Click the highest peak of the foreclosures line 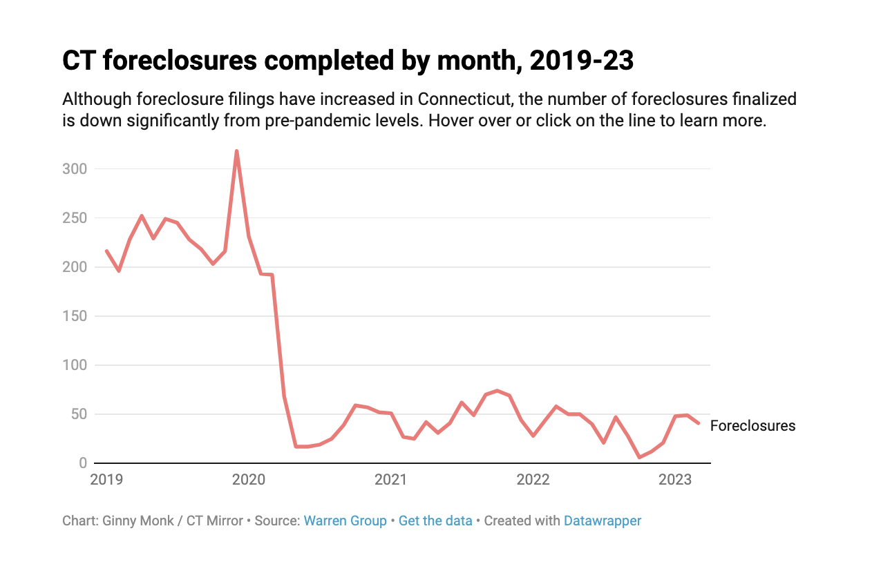(x=236, y=151)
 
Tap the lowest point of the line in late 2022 (x=639, y=457)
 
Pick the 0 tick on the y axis (x=83, y=463)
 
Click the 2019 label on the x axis (x=106, y=480)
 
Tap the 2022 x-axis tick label (x=533, y=480)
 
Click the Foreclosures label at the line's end (x=752, y=426)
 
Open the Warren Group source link (x=345, y=521)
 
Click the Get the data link (x=435, y=521)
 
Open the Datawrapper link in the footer (x=603, y=521)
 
